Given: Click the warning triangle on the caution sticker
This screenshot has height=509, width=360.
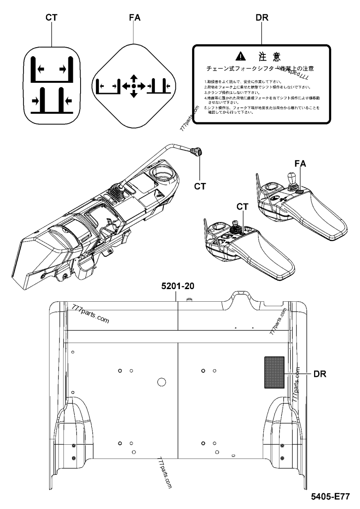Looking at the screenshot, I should point(242,56).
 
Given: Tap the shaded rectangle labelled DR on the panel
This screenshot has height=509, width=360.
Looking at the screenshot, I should point(274,371).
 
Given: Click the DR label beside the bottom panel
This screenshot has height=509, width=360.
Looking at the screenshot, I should point(320,373).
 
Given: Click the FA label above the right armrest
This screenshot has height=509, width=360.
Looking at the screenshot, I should point(301,164).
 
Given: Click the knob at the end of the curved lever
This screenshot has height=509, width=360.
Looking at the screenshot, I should point(197,153).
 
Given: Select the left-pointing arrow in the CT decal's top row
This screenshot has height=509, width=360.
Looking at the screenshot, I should point(41,69).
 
